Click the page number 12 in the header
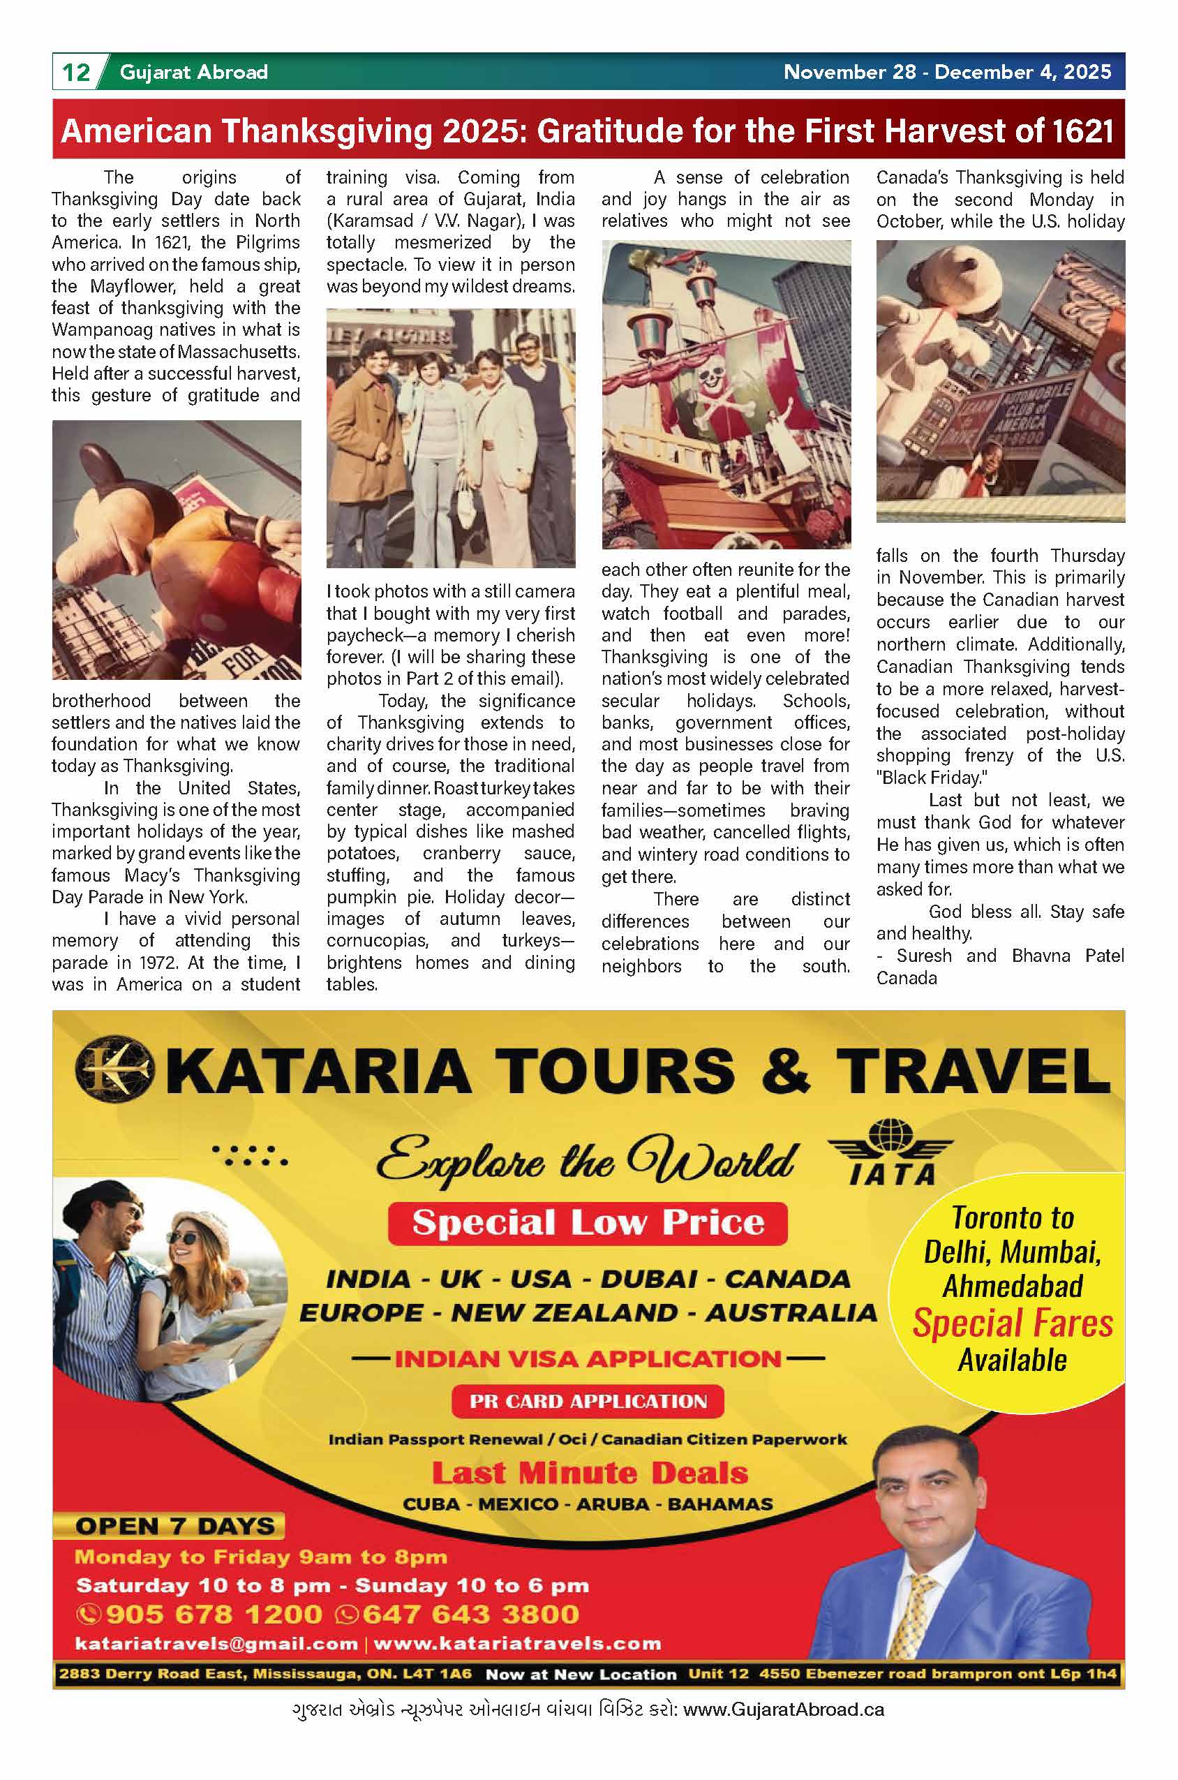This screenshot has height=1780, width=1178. [76, 72]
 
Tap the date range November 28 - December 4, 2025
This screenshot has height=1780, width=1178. [946, 72]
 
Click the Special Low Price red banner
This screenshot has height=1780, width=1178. [588, 1222]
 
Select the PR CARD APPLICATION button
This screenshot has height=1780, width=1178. [588, 1401]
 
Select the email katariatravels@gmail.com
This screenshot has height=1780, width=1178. [216, 1644]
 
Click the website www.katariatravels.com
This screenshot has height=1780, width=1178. [517, 1644]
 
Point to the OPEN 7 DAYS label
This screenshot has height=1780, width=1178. [174, 1526]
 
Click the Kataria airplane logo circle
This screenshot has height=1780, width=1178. [114, 1070]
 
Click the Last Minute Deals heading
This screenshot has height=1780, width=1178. [590, 1472]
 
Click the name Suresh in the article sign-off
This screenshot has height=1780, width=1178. [923, 956]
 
